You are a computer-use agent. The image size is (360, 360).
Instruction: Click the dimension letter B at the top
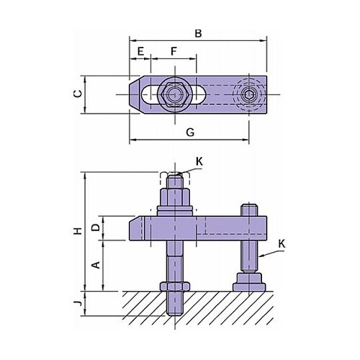coord(198,33)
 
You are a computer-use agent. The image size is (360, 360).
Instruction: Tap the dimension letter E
coord(140,51)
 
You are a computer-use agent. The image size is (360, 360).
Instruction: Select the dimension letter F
coord(174,51)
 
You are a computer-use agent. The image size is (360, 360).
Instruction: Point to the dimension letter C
coord(78,94)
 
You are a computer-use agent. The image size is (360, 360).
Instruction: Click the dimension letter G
coord(190,132)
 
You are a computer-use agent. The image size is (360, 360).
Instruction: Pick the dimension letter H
coord(78,231)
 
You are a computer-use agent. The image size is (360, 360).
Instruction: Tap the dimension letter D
coord(96,227)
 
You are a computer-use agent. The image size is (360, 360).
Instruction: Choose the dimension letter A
coord(96,265)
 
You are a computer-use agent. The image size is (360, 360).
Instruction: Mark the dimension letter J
coord(78,303)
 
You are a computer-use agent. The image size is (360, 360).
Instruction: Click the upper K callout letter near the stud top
coord(199,162)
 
